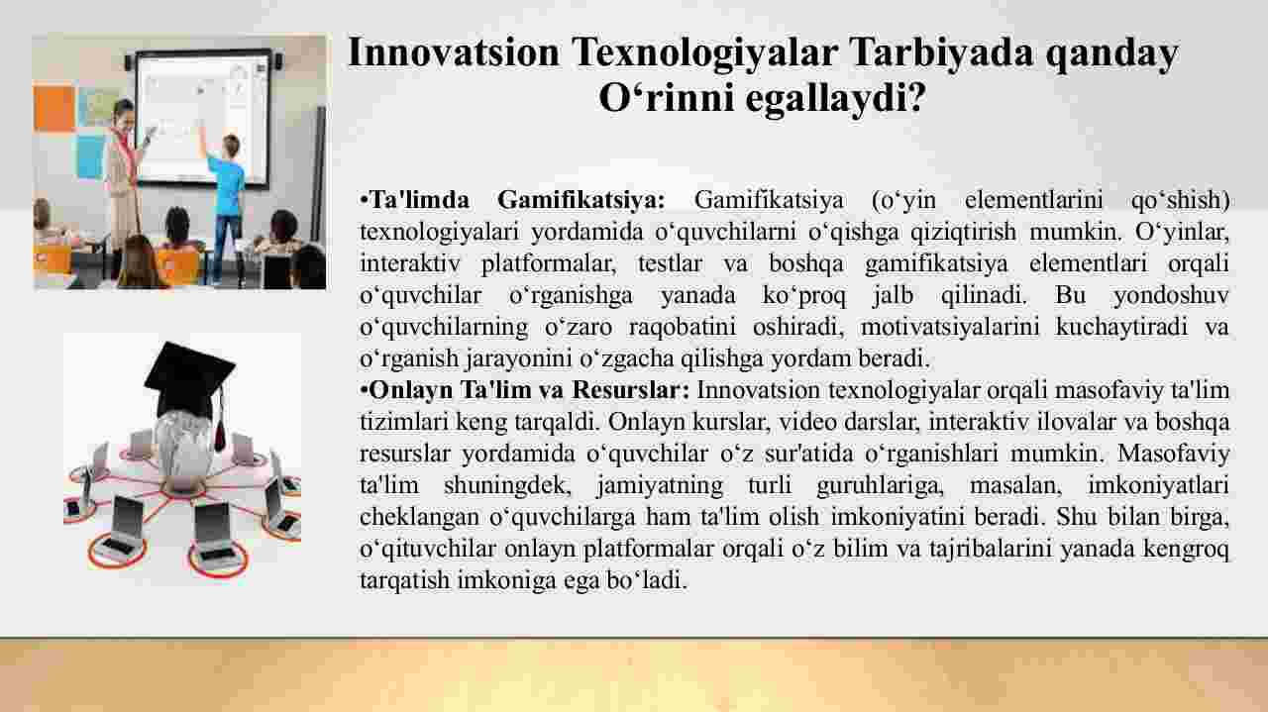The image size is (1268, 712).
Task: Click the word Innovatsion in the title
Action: (454, 52)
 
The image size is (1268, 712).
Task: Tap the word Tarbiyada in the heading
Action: (942, 52)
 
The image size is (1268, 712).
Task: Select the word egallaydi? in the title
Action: (835, 98)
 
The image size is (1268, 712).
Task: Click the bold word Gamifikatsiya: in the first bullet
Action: (581, 200)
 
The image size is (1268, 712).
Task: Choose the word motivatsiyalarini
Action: (950, 327)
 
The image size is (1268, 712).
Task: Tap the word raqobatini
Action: (683, 327)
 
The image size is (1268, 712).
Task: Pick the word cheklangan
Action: (419, 517)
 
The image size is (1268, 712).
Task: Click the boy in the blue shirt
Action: (227, 208)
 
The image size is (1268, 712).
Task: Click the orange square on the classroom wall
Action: (53, 108)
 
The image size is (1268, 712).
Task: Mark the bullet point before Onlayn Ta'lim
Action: (364, 390)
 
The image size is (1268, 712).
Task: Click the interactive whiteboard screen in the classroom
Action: (203, 118)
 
